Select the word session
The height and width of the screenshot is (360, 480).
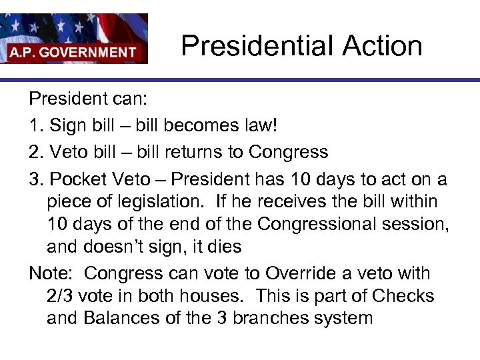pyautogui.click(x=414, y=224)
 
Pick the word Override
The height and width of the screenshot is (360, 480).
pyautogui.click(x=306, y=273)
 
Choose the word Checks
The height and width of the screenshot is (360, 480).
pyautogui.click(x=403, y=295)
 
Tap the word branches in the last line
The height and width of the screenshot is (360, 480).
pyautogui.click(x=266, y=317)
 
